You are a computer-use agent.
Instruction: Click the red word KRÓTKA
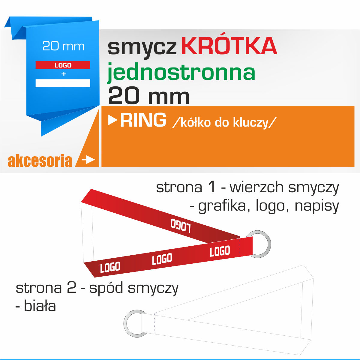pos(229,46)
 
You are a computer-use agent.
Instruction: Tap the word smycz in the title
pos(142,48)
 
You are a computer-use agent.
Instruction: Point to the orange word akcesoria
pos(40,160)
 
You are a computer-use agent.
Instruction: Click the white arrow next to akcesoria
pos(88,160)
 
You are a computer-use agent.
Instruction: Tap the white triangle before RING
pos(113,120)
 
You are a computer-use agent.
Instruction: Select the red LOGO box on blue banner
pos(63,65)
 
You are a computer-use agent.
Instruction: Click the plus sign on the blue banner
pos(64,74)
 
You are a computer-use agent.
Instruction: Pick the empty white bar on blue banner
pos(63,83)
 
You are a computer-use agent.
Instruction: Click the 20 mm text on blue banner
pos(64,46)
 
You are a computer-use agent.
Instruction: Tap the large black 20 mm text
pos(149,96)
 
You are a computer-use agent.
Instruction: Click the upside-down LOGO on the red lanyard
pos(181,226)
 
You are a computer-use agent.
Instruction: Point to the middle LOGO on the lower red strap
pos(162,259)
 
